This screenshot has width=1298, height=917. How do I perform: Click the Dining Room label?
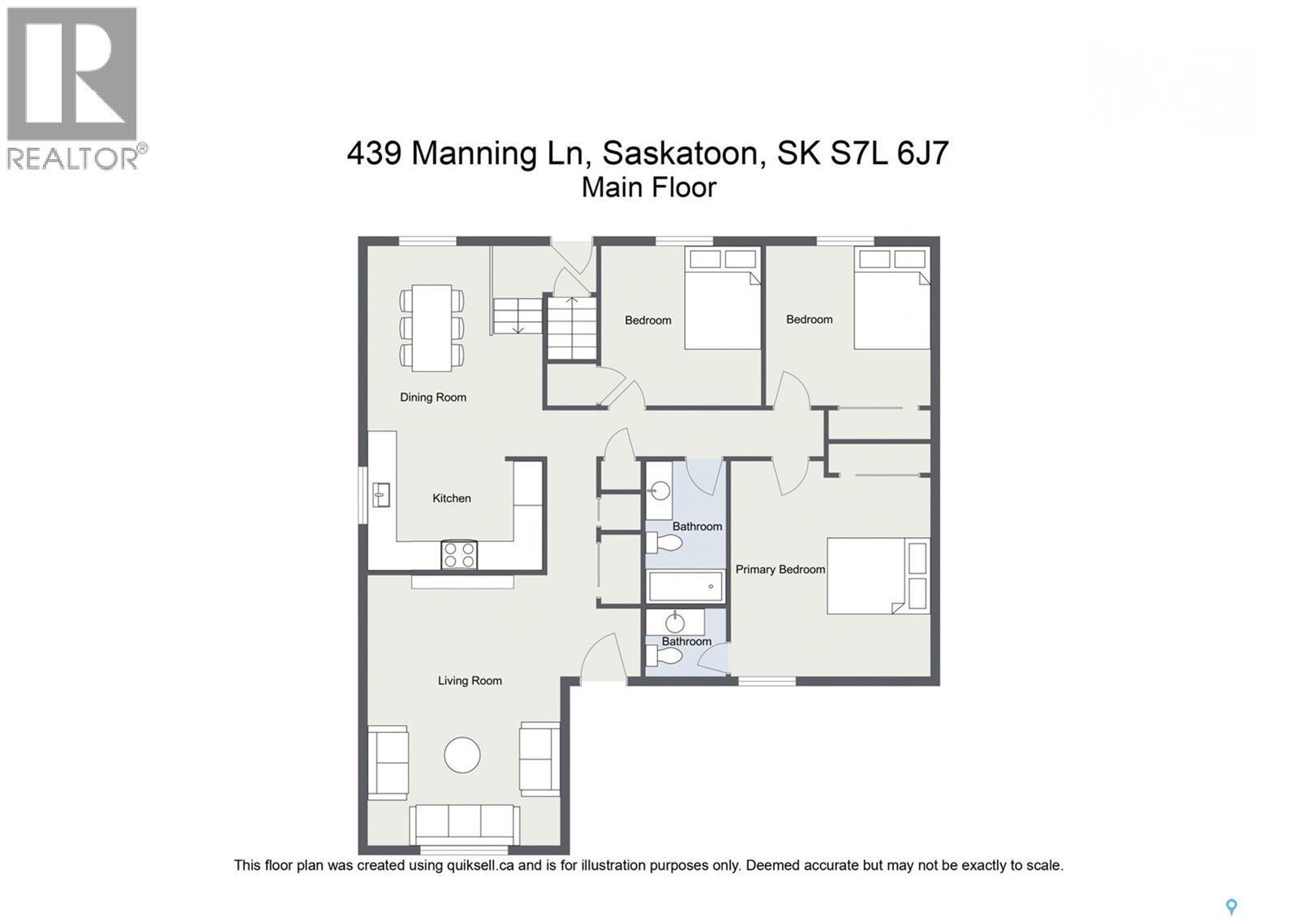(432, 397)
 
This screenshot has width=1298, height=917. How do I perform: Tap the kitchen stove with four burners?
(458, 555)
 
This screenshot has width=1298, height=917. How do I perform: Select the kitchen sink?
(380, 493)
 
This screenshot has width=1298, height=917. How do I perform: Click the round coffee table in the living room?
(462, 755)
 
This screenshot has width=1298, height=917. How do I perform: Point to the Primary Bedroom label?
(780, 569)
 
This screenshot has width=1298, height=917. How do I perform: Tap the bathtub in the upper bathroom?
(686, 586)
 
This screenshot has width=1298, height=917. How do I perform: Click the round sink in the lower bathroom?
(675, 622)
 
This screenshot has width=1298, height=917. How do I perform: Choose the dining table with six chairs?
(432, 328)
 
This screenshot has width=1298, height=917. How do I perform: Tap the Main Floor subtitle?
(649, 187)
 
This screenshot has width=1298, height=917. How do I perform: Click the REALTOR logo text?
(73, 157)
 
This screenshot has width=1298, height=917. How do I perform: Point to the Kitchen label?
(451, 498)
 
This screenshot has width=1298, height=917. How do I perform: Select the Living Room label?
(470, 681)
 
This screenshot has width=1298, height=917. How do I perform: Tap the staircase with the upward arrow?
(572, 328)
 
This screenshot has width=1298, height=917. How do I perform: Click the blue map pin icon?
(1231, 906)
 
